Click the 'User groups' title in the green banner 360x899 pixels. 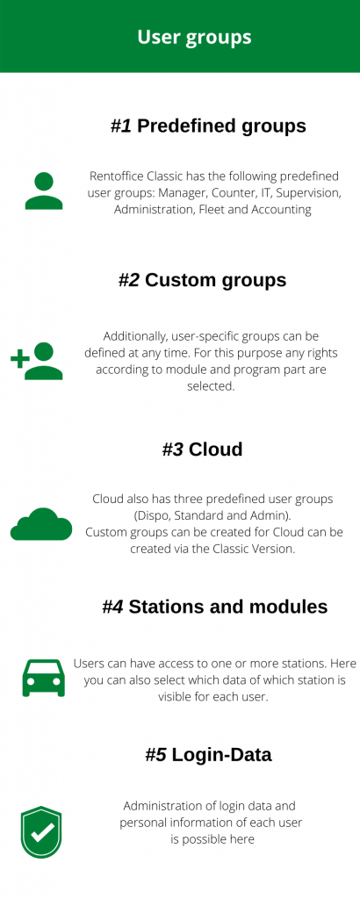[x=194, y=37]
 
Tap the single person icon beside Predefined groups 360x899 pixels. [x=44, y=191]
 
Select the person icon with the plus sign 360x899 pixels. [x=37, y=361]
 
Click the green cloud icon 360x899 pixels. [x=41, y=523]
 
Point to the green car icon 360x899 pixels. [x=44, y=678]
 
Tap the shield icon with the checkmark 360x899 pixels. [x=41, y=832]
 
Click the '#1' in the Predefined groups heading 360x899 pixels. [x=121, y=126]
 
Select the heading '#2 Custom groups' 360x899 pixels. [x=202, y=280]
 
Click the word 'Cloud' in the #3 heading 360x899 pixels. [x=215, y=449]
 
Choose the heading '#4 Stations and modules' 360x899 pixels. [x=215, y=607]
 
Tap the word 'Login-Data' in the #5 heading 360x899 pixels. [x=222, y=754]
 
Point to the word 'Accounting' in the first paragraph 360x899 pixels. [x=284, y=209]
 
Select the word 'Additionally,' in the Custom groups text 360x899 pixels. [x=131, y=335]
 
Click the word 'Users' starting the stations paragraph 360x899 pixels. [x=87, y=664]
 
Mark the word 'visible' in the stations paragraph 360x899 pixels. [x=175, y=698]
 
